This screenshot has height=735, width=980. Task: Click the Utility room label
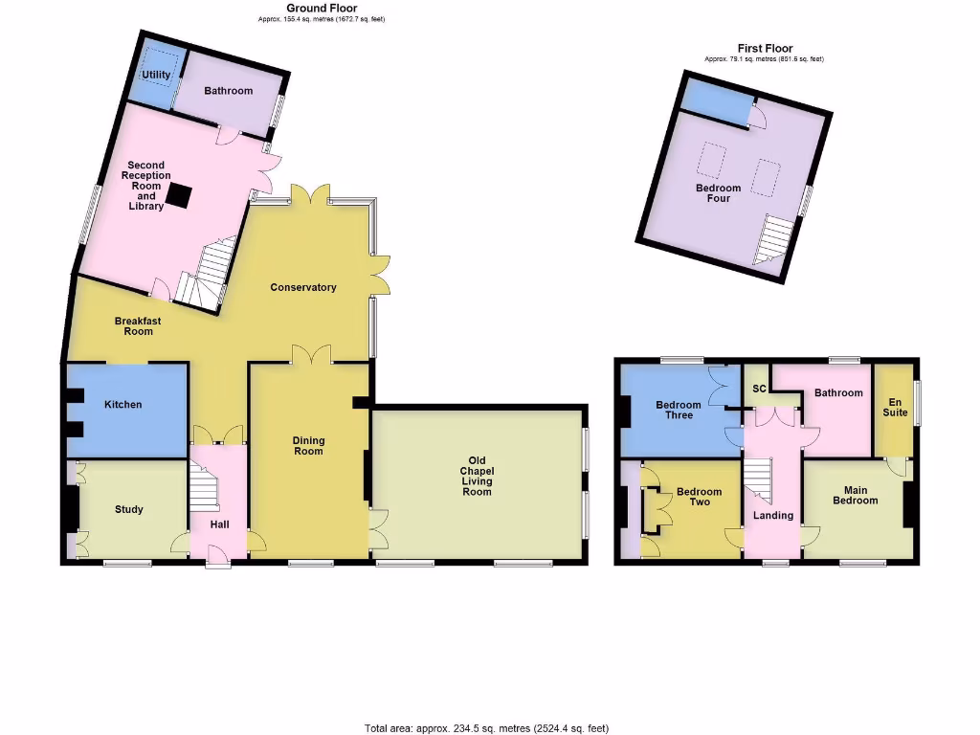click(x=156, y=74)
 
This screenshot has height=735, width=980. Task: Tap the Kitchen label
click(x=123, y=405)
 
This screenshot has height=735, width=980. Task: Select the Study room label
click(x=129, y=510)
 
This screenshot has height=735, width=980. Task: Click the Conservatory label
click(x=303, y=287)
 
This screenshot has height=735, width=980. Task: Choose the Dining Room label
click(x=308, y=446)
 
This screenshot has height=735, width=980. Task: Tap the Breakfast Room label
click(x=134, y=326)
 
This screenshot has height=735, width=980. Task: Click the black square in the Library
click(x=178, y=196)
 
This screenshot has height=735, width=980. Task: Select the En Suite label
click(x=896, y=407)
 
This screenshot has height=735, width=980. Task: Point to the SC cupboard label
click(x=759, y=390)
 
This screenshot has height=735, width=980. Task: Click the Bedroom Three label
click(x=679, y=411)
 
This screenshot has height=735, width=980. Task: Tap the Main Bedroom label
click(x=855, y=495)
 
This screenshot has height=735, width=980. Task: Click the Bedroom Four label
click(x=719, y=193)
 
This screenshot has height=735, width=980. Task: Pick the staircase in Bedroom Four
click(x=773, y=239)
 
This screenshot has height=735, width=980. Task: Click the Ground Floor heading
click(x=322, y=9)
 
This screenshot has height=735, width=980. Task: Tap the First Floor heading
click(x=765, y=49)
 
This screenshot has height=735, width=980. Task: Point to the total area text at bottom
click(x=487, y=728)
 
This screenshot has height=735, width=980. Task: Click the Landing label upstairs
click(x=773, y=516)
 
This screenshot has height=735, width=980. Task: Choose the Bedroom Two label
click(x=700, y=497)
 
